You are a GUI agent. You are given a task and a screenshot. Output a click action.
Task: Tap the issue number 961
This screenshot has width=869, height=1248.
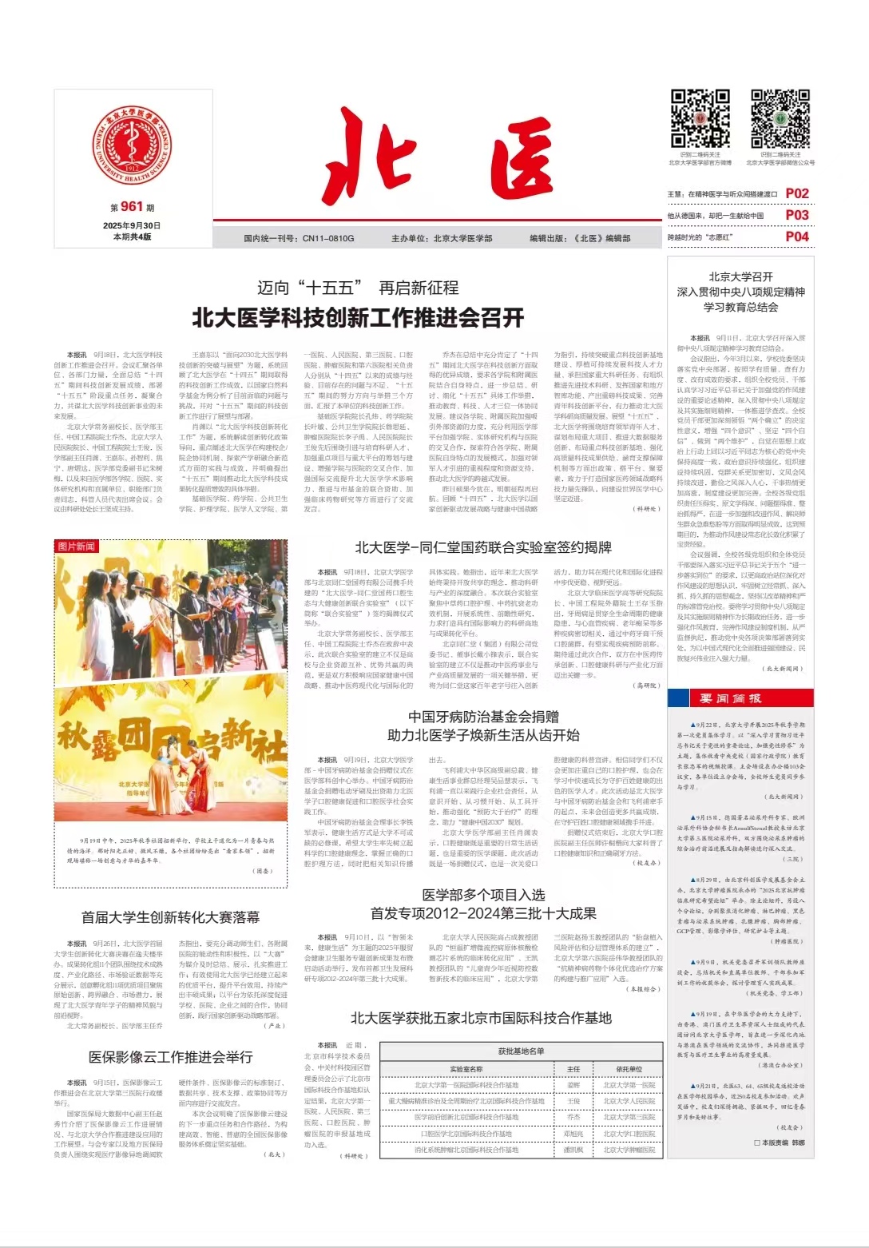[132, 207]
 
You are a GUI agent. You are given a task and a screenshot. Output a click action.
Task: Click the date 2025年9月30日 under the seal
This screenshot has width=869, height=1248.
[132, 225]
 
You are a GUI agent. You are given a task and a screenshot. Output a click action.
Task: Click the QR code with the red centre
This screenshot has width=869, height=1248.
[700, 118]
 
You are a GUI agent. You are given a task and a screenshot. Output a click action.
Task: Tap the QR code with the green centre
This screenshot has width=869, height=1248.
[780, 118]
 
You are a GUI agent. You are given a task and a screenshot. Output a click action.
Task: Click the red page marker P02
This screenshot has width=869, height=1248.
[797, 193]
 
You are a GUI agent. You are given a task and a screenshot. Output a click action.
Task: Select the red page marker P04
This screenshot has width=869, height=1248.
[797, 236]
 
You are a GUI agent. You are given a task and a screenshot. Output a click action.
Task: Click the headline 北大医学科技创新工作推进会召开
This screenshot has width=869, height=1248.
[358, 318]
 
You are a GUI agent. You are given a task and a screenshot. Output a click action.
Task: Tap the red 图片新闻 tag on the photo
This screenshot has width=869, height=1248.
[77, 546]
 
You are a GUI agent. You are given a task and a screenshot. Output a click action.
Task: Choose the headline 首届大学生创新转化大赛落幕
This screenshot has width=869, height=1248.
[170, 916]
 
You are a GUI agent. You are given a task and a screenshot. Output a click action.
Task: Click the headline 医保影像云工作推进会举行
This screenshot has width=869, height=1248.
[170, 1057]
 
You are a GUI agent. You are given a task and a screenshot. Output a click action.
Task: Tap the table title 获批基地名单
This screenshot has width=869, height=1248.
[521, 1051]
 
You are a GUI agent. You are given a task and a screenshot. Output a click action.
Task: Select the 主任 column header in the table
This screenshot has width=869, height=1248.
[573, 1069]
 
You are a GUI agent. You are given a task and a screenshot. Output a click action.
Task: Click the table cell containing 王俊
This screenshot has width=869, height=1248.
[573, 1101]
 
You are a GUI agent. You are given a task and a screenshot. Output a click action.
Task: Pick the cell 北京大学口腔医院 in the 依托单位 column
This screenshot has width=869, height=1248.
[629, 1134]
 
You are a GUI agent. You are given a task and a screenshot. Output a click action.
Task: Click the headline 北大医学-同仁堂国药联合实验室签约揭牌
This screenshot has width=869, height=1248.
[483, 547]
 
